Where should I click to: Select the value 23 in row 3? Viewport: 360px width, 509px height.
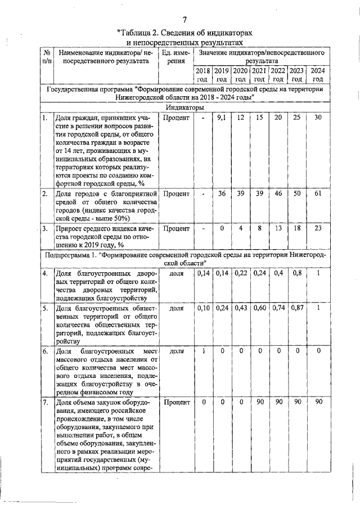coord(318,228)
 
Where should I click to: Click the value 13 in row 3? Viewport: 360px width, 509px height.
coord(278,228)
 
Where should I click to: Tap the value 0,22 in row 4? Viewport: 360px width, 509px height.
coord(241,273)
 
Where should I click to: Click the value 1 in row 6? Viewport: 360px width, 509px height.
coord(203,351)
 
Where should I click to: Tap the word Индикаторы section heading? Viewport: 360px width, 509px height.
coord(184,107)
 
